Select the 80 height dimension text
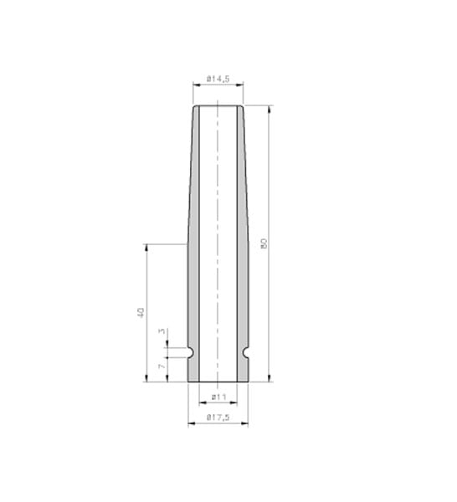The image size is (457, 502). point(264,243)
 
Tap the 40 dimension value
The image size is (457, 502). point(141,312)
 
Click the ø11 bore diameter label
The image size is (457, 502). point(218,396)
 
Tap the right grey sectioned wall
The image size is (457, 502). point(243,251)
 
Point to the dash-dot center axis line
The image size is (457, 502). point(218,209)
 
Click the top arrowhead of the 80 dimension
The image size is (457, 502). point(270,109)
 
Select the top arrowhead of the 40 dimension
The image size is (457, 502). point(146,248)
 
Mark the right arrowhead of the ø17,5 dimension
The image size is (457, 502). point(245,423)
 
